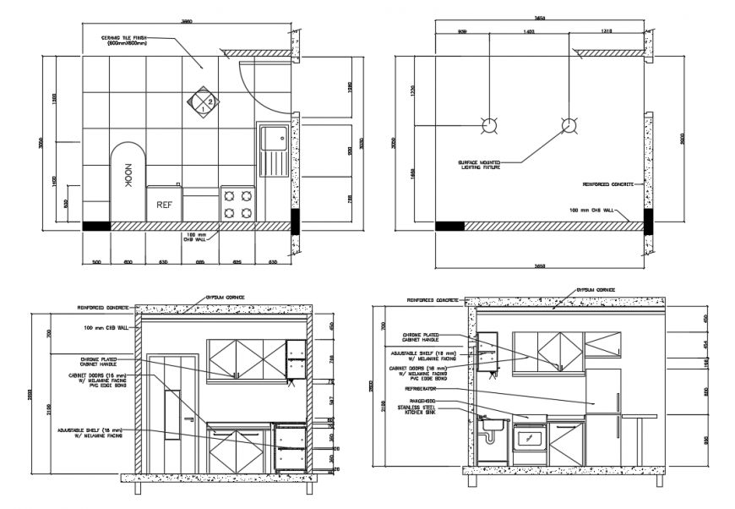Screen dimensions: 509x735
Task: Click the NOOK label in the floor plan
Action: coord(128,180)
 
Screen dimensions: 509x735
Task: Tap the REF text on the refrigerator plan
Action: coord(164,204)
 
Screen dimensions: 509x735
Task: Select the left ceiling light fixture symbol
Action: coord(489,127)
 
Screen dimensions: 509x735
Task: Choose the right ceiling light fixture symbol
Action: coord(569,127)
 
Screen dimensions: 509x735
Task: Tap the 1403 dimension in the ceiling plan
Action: coord(530,31)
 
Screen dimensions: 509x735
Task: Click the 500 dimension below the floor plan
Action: coord(97,262)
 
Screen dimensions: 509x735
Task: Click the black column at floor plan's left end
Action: coord(95,226)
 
